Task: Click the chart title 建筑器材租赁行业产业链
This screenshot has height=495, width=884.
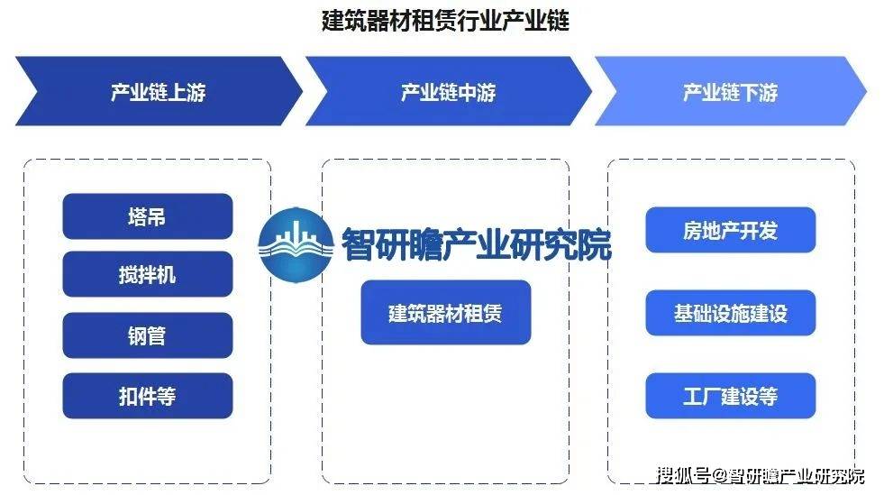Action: (445, 20)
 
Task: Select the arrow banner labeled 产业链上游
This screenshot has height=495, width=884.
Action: (159, 91)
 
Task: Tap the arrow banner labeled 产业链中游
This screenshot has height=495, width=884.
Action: (449, 91)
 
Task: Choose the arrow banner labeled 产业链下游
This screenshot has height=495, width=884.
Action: (731, 91)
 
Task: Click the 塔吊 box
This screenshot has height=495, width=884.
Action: (148, 216)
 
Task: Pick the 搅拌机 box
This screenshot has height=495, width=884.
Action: (148, 275)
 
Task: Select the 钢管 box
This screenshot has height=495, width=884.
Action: (148, 335)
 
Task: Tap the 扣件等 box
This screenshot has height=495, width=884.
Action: (148, 396)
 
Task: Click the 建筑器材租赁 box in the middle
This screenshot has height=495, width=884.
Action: (446, 312)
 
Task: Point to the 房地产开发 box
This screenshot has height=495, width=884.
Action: (731, 230)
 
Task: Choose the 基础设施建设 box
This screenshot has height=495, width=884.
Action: (731, 313)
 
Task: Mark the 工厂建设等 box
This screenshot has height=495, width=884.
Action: (731, 396)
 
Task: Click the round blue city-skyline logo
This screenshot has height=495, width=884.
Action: (296, 244)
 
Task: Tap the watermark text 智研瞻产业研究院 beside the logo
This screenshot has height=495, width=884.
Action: (477, 244)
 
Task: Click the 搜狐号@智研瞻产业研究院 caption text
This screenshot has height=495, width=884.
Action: (761, 475)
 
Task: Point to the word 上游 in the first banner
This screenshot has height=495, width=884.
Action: (187, 92)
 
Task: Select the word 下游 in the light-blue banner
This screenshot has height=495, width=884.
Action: (759, 92)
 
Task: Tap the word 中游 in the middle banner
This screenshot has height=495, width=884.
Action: (477, 92)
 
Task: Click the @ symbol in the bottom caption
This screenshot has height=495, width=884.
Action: (719, 476)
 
